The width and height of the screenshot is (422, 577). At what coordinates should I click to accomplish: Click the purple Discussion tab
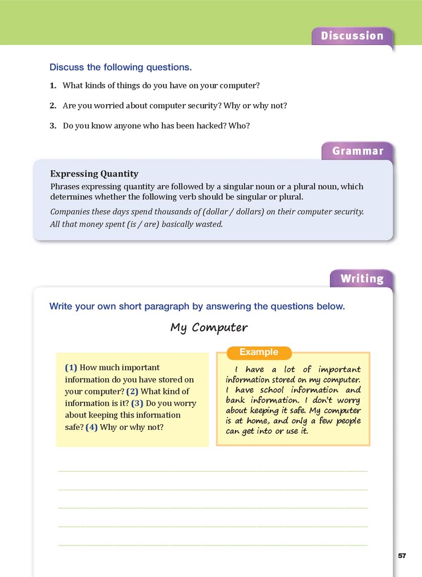[x=352, y=36]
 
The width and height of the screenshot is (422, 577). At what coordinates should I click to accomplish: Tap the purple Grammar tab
[x=357, y=151]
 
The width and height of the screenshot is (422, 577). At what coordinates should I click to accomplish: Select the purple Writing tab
[x=361, y=279]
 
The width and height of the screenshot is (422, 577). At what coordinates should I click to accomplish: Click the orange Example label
[x=259, y=352]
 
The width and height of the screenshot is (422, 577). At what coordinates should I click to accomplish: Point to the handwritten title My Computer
[x=208, y=327]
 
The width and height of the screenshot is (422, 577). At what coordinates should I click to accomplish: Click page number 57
[x=402, y=556]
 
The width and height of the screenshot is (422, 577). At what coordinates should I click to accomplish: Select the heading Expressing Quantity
[x=94, y=174]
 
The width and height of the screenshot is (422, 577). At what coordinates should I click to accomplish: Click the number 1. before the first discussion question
[x=52, y=86]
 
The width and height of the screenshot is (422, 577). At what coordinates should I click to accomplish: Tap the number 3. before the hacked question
[x=52, y=126]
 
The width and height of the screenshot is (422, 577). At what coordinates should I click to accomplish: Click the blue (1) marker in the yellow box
[x=71, y=367]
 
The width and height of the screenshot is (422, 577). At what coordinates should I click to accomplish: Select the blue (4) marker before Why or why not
[x=92, y=427]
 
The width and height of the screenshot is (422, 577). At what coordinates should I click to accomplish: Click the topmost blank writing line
[x=212, y=470]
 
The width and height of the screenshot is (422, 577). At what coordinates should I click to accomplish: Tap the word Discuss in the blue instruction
[x=66, y=68]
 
